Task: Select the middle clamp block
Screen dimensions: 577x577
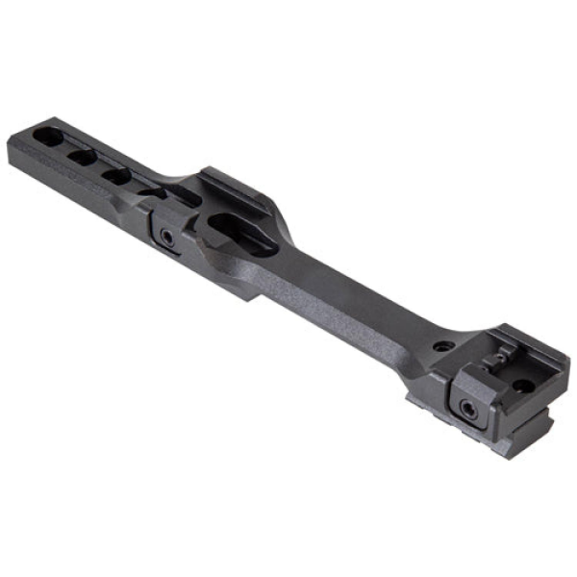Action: pyautogui.click(x=165, y=231)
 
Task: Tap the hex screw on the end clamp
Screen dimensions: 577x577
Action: pyautogui.click(x=471, y=409)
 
